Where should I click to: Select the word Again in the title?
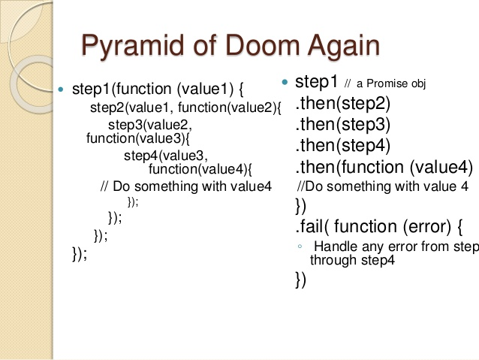point(341,46)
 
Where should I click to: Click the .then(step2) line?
point(342,102)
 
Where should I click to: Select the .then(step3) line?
point(342,123)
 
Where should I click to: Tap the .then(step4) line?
point(342,144)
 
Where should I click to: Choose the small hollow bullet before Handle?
point(299,247)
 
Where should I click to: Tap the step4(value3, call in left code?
point(164,156)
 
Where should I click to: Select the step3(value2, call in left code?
point(150,125)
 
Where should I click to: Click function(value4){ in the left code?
point(201,168)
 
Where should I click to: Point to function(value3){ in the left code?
point(139,138)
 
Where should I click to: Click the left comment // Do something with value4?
point(185,186)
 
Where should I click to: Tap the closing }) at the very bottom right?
point(301,280)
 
